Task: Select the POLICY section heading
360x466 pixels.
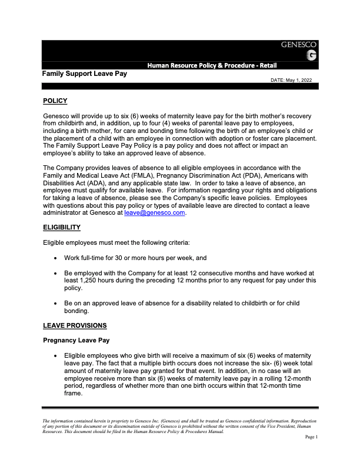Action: click(55, 101)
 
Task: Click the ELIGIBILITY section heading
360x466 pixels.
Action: click(62, 227)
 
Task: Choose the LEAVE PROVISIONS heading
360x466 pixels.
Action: click(76, 325)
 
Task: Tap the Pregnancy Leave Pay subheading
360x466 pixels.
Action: click(77, 340)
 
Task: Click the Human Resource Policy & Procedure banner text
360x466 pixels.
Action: click(212, 65)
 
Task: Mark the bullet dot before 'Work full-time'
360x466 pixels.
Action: click(55, 258)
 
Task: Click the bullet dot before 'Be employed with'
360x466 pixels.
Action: click(55, 273)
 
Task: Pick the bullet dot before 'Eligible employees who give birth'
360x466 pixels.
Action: click(55, 356)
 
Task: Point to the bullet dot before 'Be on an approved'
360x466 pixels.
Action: click(55, 303)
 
